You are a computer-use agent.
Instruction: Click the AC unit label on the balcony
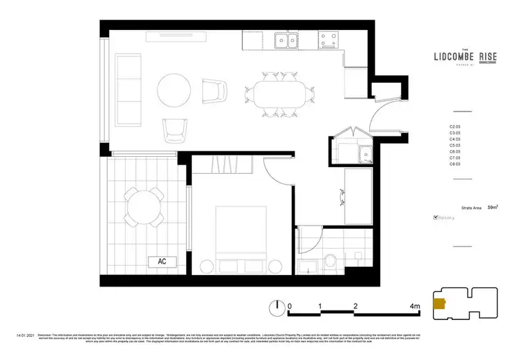[162, 261]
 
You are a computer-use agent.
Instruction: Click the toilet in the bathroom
[331, 261]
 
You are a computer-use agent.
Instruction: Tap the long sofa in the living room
[127, 90]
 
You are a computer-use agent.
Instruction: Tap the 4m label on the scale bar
[415, 306]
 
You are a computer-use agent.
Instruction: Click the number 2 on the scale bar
[355, 306]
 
